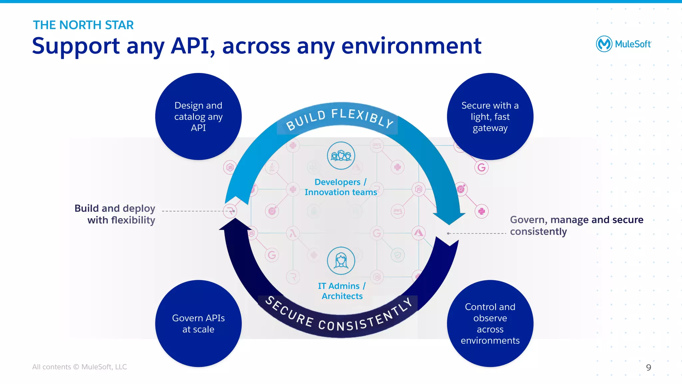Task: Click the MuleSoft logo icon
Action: [604, 44]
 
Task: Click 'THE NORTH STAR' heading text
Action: [83, 25]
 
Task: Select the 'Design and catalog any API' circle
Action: [198, 117]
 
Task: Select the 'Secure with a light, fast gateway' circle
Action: [490, 117]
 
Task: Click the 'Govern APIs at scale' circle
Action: [198, 323]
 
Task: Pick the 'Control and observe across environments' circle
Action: [490, 323]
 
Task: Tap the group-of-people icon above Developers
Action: [341, 156]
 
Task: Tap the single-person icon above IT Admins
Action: [341, 260]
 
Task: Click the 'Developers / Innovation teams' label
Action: [341, 187]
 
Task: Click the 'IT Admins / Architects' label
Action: [342, 291]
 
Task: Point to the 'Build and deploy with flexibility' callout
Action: [115, 214]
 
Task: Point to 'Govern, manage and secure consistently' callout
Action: [576, 225]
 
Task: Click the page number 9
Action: [648, 367]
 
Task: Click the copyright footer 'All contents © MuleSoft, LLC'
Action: [80, 367]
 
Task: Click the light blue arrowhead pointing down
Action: [450, 218]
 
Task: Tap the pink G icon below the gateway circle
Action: [482, 168]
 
